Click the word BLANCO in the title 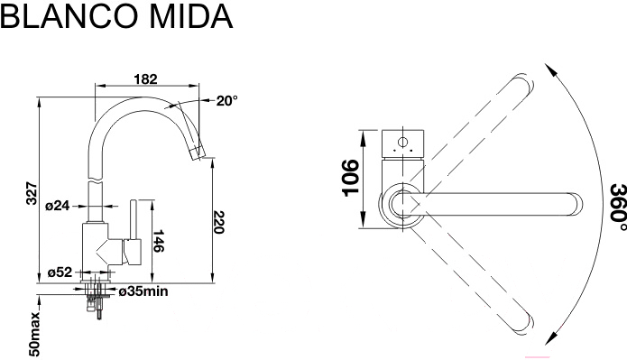[x=71, y=16]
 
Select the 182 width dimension [x=145, y=78]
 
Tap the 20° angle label [x=226, y=101]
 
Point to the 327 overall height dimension [x=32, y=193]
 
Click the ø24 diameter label [x=57, y=206]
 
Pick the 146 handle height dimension [x=159, y=240]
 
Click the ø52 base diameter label [x=60, y=272]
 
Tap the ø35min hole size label [x=143, y=291]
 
